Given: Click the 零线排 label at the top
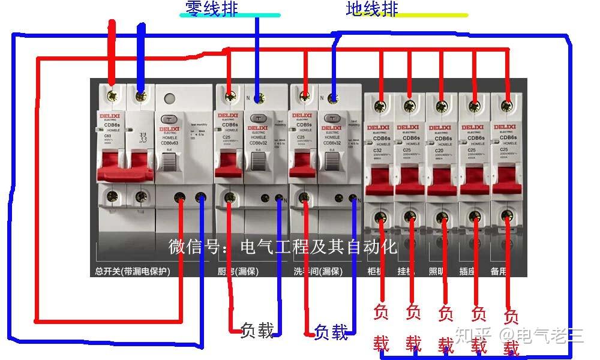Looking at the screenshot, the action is pos(212,8).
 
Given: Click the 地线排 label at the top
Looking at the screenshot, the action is pos(372,8).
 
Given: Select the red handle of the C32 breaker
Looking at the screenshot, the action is pos(378,180).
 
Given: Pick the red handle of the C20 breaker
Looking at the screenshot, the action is pos(442,180).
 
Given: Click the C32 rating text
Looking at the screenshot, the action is pos(374,150).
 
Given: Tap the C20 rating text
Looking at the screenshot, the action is pos(438,150).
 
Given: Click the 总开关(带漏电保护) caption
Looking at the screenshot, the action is pos(133,271).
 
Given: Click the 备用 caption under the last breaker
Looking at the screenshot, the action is pos(499,271).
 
